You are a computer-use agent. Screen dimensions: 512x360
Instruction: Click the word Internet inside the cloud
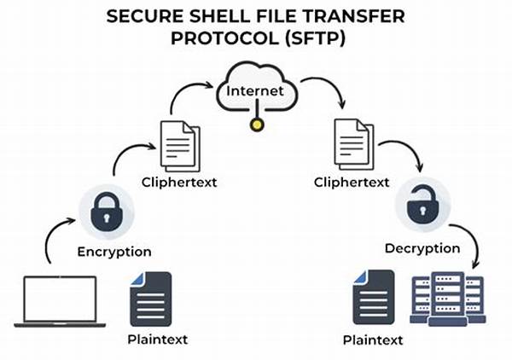point(254,90)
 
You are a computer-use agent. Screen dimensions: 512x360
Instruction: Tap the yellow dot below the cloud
point(257,125)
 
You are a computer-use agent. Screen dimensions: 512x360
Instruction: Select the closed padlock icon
point(106,212)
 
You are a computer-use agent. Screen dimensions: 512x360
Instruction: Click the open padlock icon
point(422,205)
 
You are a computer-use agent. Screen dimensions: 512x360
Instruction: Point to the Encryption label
point(114,252)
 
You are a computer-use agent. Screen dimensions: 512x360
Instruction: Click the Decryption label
point(422,248)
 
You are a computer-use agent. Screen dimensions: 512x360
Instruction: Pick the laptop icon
point(60,301)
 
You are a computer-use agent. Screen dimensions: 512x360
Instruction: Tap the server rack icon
point(448,299)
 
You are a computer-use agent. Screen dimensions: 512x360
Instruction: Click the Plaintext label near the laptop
point(157,340)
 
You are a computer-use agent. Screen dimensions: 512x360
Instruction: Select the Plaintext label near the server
point(373,340)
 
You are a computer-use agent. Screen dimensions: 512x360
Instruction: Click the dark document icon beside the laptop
point(151,299)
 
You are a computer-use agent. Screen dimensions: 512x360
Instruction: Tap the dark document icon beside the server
point(374,298)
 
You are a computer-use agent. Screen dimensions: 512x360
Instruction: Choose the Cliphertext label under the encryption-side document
point(179,182)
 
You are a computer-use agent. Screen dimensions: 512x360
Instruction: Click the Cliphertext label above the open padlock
point(352,182)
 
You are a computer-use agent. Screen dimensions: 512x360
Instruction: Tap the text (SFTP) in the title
point(315,38)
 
